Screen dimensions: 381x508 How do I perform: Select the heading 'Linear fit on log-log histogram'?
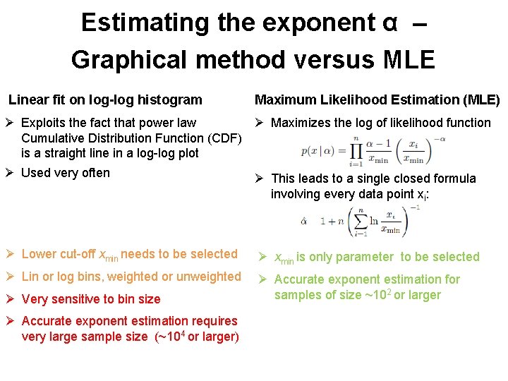pos(105,100)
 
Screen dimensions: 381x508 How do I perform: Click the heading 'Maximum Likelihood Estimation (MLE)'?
pos(377,100)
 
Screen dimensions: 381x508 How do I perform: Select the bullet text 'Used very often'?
pos(66,173)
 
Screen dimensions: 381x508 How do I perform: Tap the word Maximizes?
pos(302,123)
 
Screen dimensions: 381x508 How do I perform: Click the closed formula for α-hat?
pos(353,222)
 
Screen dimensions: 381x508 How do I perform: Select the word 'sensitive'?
pos(83,299)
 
